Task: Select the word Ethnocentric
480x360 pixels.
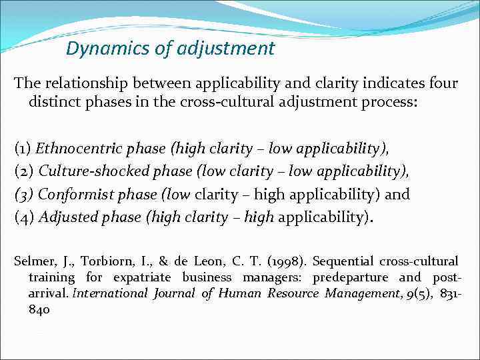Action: [76, 149]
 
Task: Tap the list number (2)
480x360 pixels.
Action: [23, 171]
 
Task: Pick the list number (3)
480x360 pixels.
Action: [23, 195]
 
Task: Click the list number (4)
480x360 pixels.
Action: [23, 218]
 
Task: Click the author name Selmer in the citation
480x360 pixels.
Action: [33, 261]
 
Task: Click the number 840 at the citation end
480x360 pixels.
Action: [39, 309]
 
